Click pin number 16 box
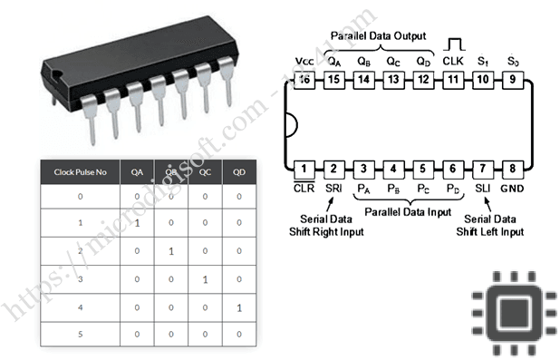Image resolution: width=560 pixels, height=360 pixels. point(304,79)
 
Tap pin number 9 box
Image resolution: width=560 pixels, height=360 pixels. point(513,79)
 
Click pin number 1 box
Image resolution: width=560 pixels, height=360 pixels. point(304,169)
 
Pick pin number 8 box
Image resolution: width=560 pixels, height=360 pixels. point(513,169)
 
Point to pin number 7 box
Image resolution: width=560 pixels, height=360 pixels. point(483,169)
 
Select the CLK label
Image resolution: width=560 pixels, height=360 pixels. point(453,61)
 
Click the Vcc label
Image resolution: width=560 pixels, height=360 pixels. point(304,61)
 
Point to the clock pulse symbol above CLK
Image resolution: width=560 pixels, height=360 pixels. point(453,44)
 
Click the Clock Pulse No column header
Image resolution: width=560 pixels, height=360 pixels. point(81,171)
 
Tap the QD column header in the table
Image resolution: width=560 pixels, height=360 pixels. point(238,171)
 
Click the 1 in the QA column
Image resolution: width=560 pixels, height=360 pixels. point(137,223)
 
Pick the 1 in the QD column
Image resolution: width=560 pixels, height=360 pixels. point(238,308)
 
